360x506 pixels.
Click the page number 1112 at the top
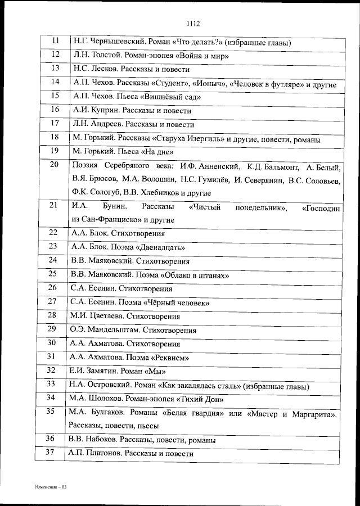(x=193, y=24)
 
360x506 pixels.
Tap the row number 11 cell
(x=55, y=41)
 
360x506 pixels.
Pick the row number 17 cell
(x=55, y=124)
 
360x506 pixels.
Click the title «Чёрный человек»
(x=181, y=302)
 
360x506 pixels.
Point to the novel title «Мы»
(x=156, y=371)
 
